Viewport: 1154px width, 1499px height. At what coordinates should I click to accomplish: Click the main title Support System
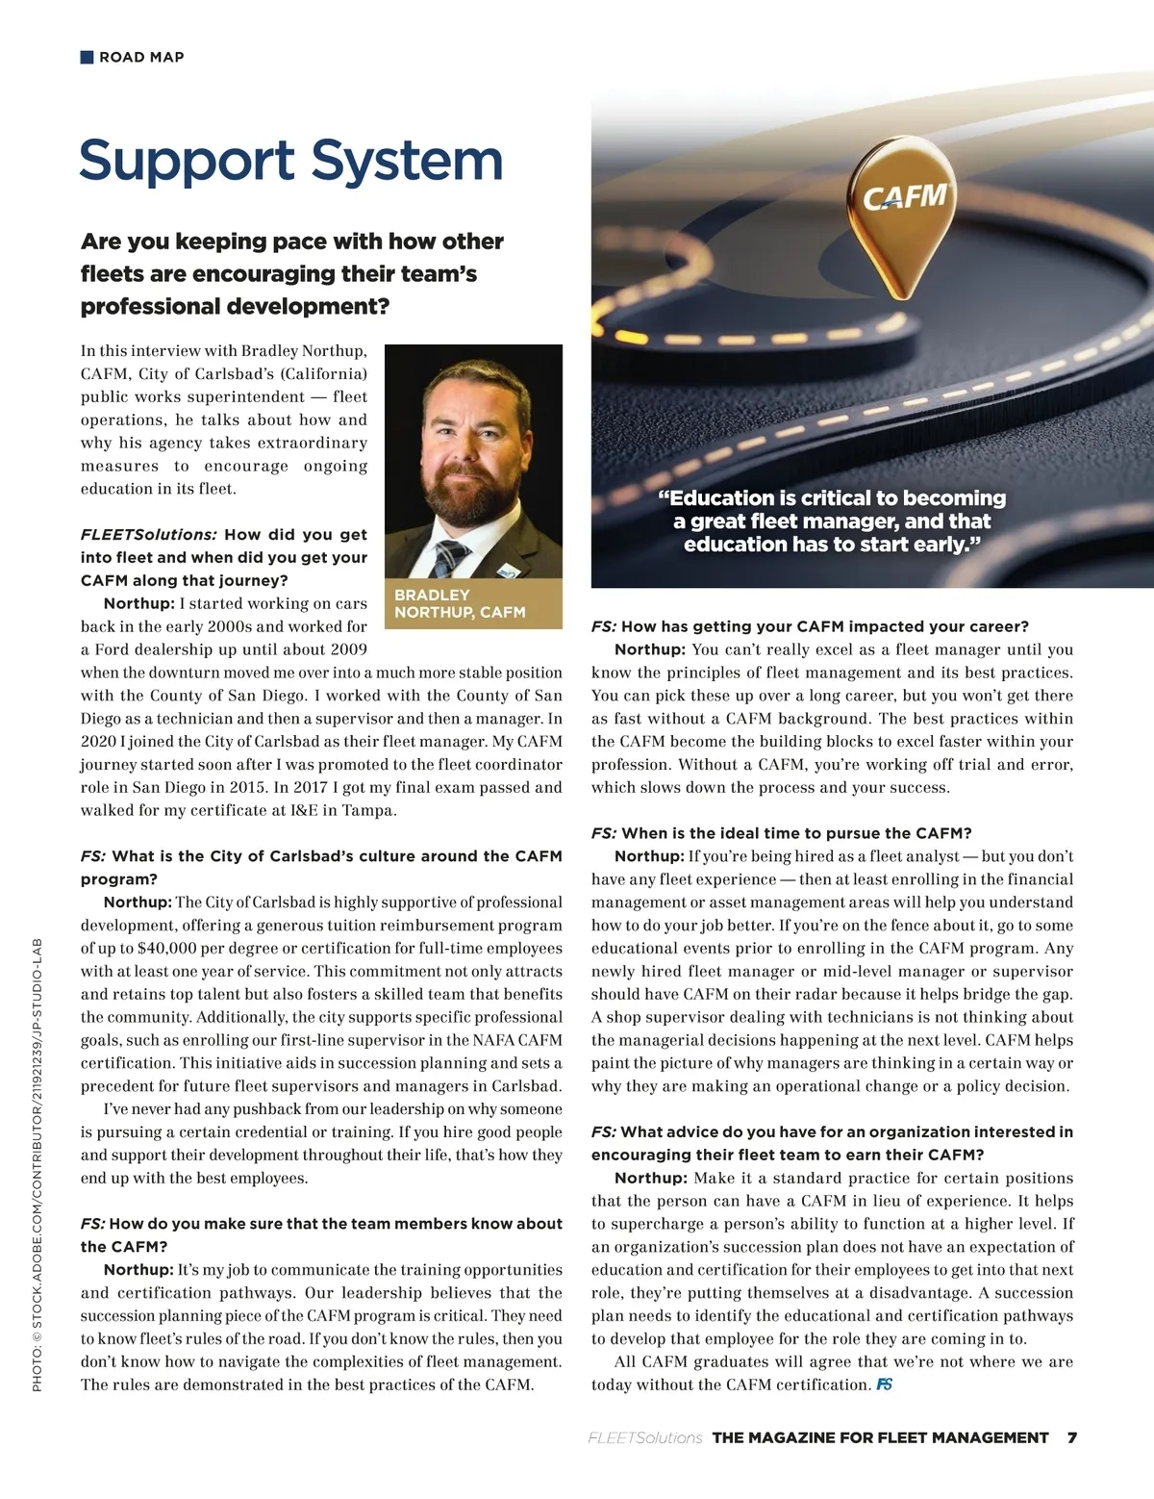click(x=290, y=161)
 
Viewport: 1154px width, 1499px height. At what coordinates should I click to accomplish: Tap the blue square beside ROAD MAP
click(x=87, y=57)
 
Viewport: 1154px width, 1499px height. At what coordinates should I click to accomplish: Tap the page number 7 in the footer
click(x=1071, y=1437)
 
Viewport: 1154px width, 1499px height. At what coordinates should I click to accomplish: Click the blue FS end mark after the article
click(x=885, y=1385)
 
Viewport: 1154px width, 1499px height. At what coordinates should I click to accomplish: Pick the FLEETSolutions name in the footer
click(x=644, y=1437)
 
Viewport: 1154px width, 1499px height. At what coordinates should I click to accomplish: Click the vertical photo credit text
click(x=38, y=1164)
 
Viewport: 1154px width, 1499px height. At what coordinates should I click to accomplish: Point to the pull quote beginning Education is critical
click(x=831, y=521)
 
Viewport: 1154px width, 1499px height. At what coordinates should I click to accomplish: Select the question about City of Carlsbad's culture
click(x=321, y=867)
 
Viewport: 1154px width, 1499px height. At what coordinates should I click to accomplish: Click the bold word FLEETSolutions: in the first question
click(x=149, y=534)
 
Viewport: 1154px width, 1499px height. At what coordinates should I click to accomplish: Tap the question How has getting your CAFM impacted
click(x=810, y=626)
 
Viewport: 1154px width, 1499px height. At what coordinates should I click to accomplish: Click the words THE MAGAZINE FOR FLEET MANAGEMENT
click(x=880, y=1437)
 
